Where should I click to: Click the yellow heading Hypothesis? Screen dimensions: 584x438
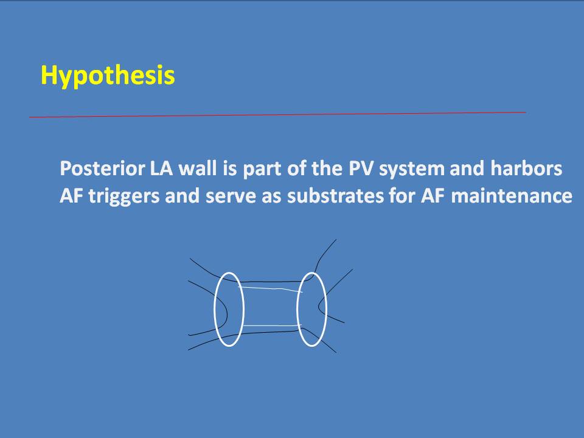[108, 75]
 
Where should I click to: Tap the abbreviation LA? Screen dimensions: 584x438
[161, 169]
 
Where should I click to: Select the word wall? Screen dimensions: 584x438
[198, 169]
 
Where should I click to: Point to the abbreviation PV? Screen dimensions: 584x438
[361, 169]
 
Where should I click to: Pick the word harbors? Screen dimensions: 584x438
[526, 169]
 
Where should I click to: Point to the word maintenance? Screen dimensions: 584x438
[512, 195]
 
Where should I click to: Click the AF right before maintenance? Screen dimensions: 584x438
[433, 196]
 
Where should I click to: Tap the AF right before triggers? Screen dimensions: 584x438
[72, 196]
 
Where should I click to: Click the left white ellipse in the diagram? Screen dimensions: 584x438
[214, 309]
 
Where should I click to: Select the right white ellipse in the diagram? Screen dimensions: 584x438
[297, 309]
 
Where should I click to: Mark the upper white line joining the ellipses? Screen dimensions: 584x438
[270, 288]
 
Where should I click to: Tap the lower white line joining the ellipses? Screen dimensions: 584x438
[271, 326]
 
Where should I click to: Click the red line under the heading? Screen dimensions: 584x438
[277, 115]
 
